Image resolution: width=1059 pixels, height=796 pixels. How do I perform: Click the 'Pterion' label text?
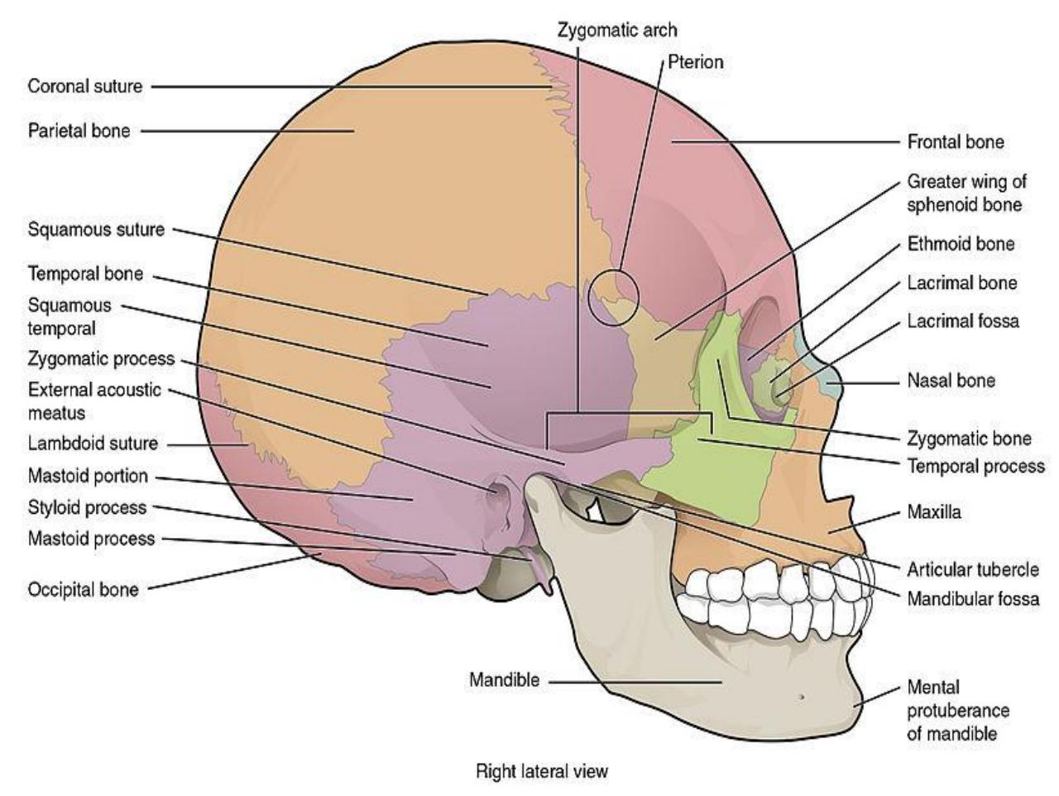[695, 62]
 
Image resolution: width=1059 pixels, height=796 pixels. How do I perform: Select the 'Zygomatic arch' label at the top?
[617, 31]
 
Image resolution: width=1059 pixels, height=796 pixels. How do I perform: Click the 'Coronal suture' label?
[85, 86]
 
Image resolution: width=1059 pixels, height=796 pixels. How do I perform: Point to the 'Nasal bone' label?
[951, 381]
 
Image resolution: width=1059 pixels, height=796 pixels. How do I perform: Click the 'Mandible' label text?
[504, 679]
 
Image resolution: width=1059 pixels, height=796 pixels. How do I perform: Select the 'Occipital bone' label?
[84, 589]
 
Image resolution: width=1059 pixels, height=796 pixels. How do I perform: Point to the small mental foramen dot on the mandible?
[802, 697]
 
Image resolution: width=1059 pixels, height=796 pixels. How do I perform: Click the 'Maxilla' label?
[933, 511]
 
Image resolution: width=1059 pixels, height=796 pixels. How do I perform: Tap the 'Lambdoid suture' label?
[93, 443]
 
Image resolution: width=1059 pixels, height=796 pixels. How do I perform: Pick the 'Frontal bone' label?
[956, 141]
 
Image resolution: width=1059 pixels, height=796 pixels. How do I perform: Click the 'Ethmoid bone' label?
[961, 243]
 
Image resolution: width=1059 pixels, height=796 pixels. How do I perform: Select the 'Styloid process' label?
[88, 507]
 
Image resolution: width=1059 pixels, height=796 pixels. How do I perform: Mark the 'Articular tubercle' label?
[973, 570]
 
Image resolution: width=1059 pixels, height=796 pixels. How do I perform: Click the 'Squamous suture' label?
[97, 230]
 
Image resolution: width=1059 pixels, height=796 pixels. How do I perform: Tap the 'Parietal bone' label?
[79, 131]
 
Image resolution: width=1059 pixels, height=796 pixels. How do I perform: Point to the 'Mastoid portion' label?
[88, 476]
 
